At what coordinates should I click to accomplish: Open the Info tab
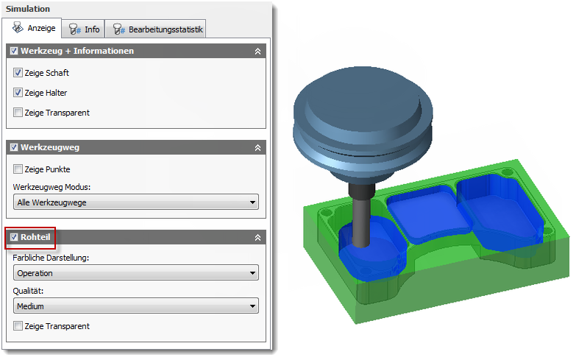click(x=83, y=29)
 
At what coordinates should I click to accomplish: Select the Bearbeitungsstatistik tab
click(x=156, y=29)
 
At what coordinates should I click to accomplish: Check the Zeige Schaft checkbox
click(x=18, y=72)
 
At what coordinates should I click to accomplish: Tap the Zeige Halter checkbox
click(x=18, y=92)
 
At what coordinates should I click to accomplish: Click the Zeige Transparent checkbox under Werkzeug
click(x=18, y=112)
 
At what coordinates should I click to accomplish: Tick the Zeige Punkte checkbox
click(x=18, y=169)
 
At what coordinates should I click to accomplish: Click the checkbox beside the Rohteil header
click(x=14, y=237)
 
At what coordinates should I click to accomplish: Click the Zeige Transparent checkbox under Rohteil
click(x=18, y=326)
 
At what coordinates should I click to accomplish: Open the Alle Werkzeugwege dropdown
click(x=136, y=202)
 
